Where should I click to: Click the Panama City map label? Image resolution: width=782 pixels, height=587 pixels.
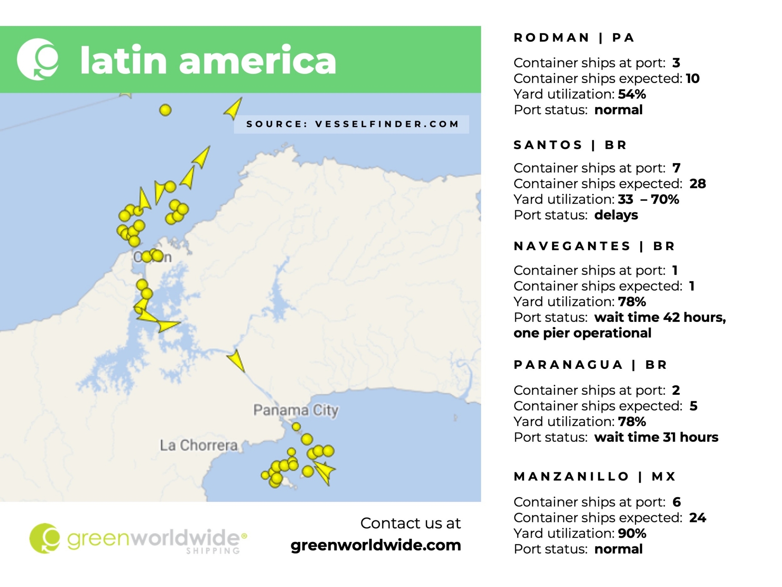(296, 410)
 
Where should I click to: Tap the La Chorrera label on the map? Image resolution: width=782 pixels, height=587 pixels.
(199, 445)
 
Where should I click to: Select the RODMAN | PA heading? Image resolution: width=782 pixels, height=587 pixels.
(574, 37)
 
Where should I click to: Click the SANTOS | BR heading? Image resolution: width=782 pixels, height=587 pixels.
(570, 145)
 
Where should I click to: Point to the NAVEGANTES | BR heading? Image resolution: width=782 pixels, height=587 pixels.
(594, 246)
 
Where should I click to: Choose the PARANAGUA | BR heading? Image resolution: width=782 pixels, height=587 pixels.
(590, 365)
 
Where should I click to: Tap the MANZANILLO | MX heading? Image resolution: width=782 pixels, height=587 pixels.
(595, 476)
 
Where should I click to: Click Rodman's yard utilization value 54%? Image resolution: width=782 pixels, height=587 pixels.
(632, 94)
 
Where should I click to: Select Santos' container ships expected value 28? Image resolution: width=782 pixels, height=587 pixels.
(698, 183)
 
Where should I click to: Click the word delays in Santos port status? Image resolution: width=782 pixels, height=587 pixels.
(616, 215)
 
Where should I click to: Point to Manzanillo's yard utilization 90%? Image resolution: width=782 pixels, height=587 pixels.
(632, 533)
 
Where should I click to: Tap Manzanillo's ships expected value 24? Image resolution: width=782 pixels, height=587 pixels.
(698, 517)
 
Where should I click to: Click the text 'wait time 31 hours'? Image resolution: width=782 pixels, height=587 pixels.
(656, 437)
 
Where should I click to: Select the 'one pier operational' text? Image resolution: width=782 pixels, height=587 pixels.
(582, 333)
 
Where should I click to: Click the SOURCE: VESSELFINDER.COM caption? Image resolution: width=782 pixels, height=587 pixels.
(352, 124)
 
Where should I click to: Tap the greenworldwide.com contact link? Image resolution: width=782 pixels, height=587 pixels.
(376, 545)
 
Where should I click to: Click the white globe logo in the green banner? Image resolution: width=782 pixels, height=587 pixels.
(38, 59)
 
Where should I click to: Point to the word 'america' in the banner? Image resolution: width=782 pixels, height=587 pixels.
(258, 60)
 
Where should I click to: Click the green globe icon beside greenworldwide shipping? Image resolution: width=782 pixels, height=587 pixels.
(45, 538)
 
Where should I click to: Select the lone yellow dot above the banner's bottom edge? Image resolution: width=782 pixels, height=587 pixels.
(165, 110)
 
